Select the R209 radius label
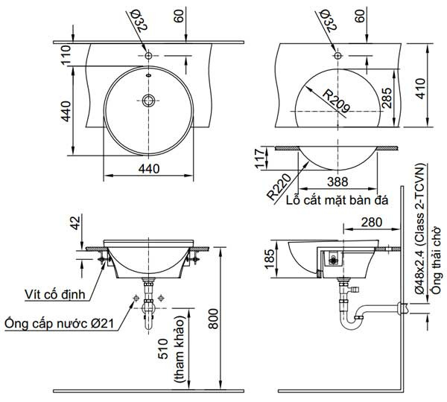pyautogui.click(x=334, y=98)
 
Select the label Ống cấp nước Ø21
pyautogui.click(x=59, y=324)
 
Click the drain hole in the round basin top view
pyautogui.click(x=149, y=100)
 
